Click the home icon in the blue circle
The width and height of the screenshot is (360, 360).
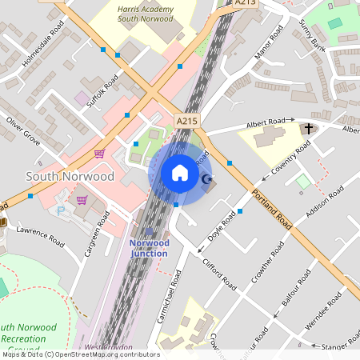click(180, 173)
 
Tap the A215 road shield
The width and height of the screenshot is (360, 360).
click(186, 121)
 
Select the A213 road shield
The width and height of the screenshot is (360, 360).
click(246, 4)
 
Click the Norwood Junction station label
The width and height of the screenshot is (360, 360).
click(149, 248)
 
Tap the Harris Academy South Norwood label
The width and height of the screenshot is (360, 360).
click(145, 12)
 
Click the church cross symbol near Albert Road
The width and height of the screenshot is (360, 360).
click(309, 128)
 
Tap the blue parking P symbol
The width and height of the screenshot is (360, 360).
click(62, 211)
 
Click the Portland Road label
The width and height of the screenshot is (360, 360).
click(270, 209)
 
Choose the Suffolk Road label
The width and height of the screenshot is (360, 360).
click(102, 92)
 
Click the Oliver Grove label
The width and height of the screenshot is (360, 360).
click(23, 130)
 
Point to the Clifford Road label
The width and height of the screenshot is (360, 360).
click(219, 273)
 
